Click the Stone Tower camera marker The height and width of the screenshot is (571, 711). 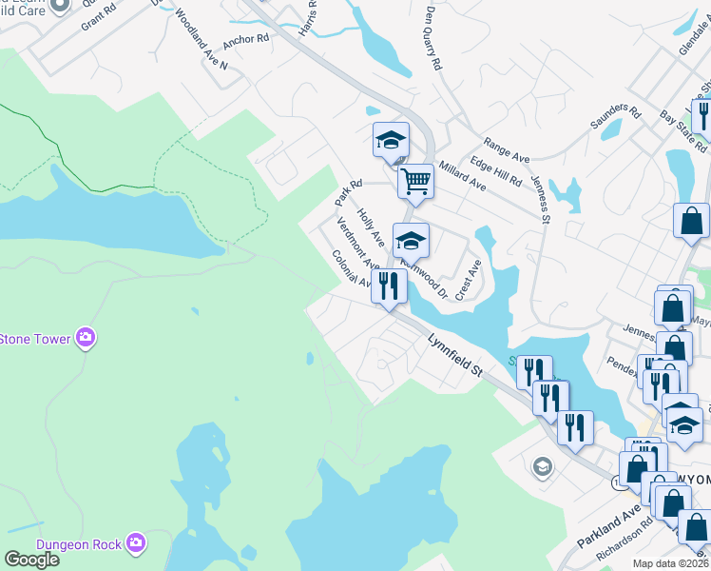[86, 338]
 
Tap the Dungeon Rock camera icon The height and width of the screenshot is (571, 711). [136, 543]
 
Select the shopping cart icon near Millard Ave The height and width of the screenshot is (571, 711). [415, 181]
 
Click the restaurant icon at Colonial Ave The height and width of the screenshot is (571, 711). [389, 285]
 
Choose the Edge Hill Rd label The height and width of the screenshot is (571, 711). [495, 170]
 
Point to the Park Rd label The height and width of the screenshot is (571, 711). [349, 192]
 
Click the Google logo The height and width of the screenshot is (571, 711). [31, 559]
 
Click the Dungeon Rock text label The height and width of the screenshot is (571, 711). [79, 544]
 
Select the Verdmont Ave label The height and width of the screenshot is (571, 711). [358, 245]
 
